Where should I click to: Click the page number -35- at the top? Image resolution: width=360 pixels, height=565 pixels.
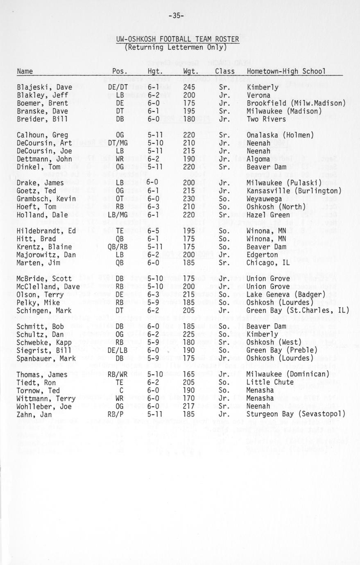(x=176, y=16)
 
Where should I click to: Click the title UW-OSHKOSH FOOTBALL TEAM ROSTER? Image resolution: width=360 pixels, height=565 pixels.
(x=177, y=39)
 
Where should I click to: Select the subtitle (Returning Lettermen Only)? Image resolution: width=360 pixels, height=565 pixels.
(x=176, y=47)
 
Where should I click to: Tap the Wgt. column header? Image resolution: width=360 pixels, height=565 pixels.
(x=192, y=72)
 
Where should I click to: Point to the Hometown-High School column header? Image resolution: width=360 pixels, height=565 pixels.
(x=286, y=72)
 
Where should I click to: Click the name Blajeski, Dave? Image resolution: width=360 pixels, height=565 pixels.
(x=44, y=87)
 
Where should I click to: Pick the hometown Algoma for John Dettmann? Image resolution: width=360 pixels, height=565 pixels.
(x=258, y=159)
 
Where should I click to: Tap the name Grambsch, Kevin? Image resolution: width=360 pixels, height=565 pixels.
(x=46, y=199)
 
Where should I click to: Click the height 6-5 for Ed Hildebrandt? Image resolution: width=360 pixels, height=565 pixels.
(x=154, y=231)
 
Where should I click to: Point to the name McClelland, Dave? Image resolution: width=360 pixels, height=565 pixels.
(x=48, y=287)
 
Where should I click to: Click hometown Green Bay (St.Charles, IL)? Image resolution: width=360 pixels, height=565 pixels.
(x=298, y=310)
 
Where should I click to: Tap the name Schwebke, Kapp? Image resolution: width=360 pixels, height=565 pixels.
(x=44, y=342)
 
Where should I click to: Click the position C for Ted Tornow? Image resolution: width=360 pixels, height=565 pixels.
(x=121, y=390)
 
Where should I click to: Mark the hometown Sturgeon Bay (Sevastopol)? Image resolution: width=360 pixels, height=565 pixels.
(x=296, y=414)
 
